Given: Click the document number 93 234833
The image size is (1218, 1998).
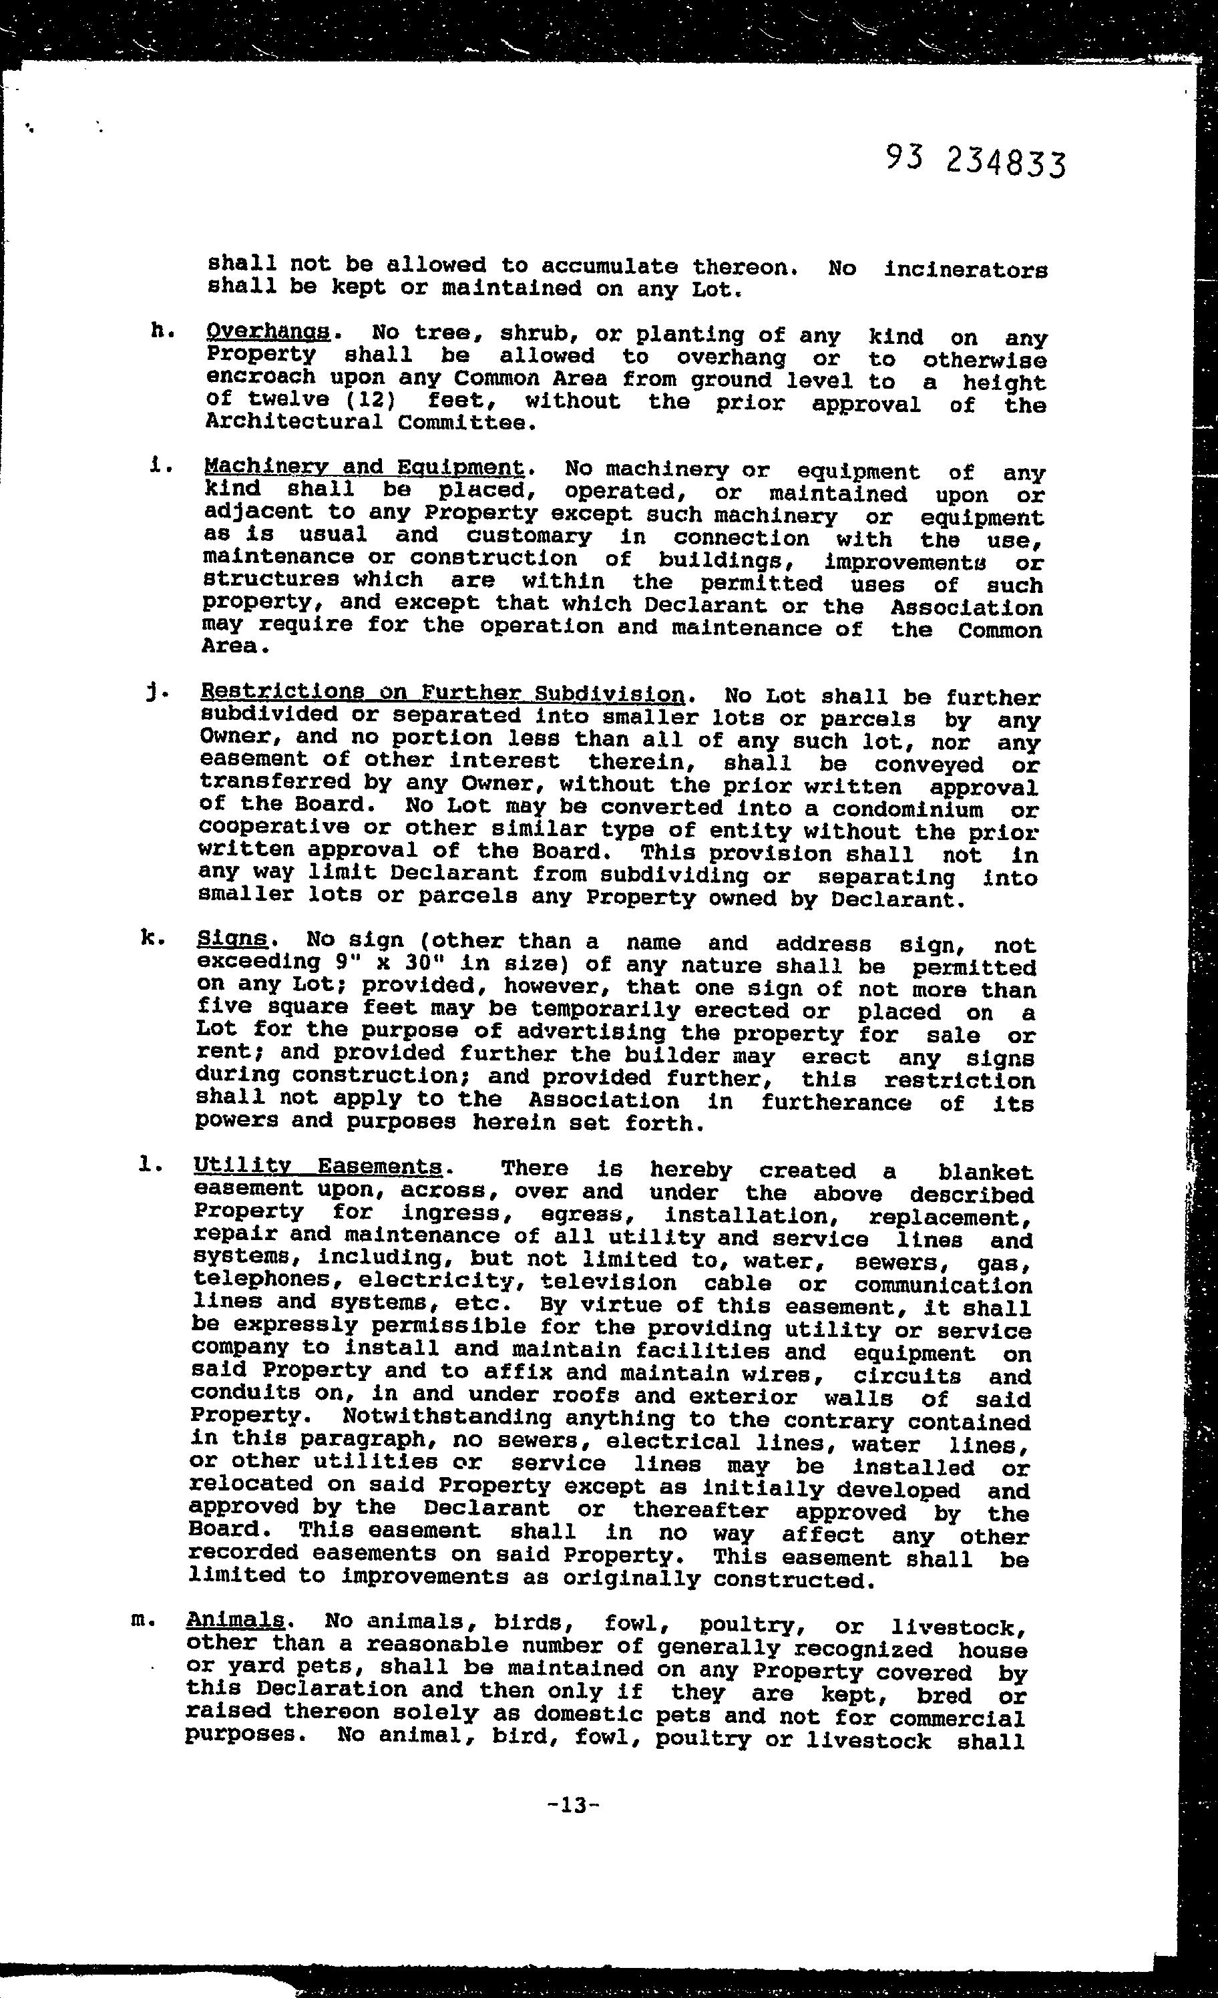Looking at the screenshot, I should [x=975, y=160].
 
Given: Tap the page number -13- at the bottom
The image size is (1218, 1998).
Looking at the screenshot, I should [x=574, y=1805].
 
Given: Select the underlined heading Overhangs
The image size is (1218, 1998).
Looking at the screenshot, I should [x=268, y=332].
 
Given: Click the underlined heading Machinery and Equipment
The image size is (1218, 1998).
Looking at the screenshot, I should [x=364, y=468].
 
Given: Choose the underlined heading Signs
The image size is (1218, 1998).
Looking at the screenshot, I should [x=232, y=938].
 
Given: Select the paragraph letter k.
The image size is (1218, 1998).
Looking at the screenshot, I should [x=152, y=938].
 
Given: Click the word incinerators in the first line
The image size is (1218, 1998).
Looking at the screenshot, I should [x=965, y=269].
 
